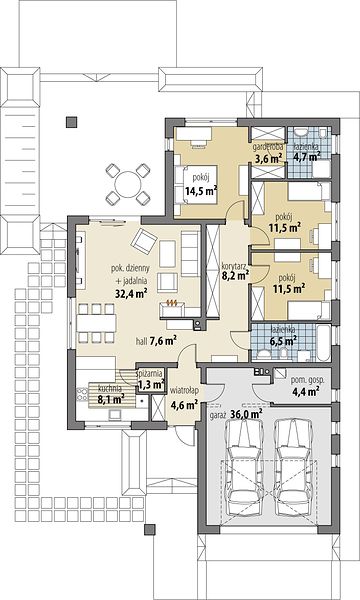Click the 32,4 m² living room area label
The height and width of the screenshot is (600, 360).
click(x=132, y=293)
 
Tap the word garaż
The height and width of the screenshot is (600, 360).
click(x=218, y=415)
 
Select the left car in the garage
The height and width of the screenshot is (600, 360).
click(x=244, y=467)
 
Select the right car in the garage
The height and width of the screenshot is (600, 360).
click(x=294, y=467)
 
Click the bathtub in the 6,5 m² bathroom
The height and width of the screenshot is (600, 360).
click(x=323, y=343)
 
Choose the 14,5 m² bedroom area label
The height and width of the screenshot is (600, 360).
click(x=201, y=191)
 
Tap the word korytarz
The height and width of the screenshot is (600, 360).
click(x=235, y=264)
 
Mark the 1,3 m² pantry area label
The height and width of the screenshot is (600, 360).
click(x=151, y=385)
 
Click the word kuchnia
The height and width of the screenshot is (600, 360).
click(x=110, y=387)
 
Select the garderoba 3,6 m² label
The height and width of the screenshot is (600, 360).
click(x=267, y=153)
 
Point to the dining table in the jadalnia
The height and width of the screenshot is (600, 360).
click(x=96, y=323)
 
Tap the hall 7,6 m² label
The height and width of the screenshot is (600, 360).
click(x=156, y=341)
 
